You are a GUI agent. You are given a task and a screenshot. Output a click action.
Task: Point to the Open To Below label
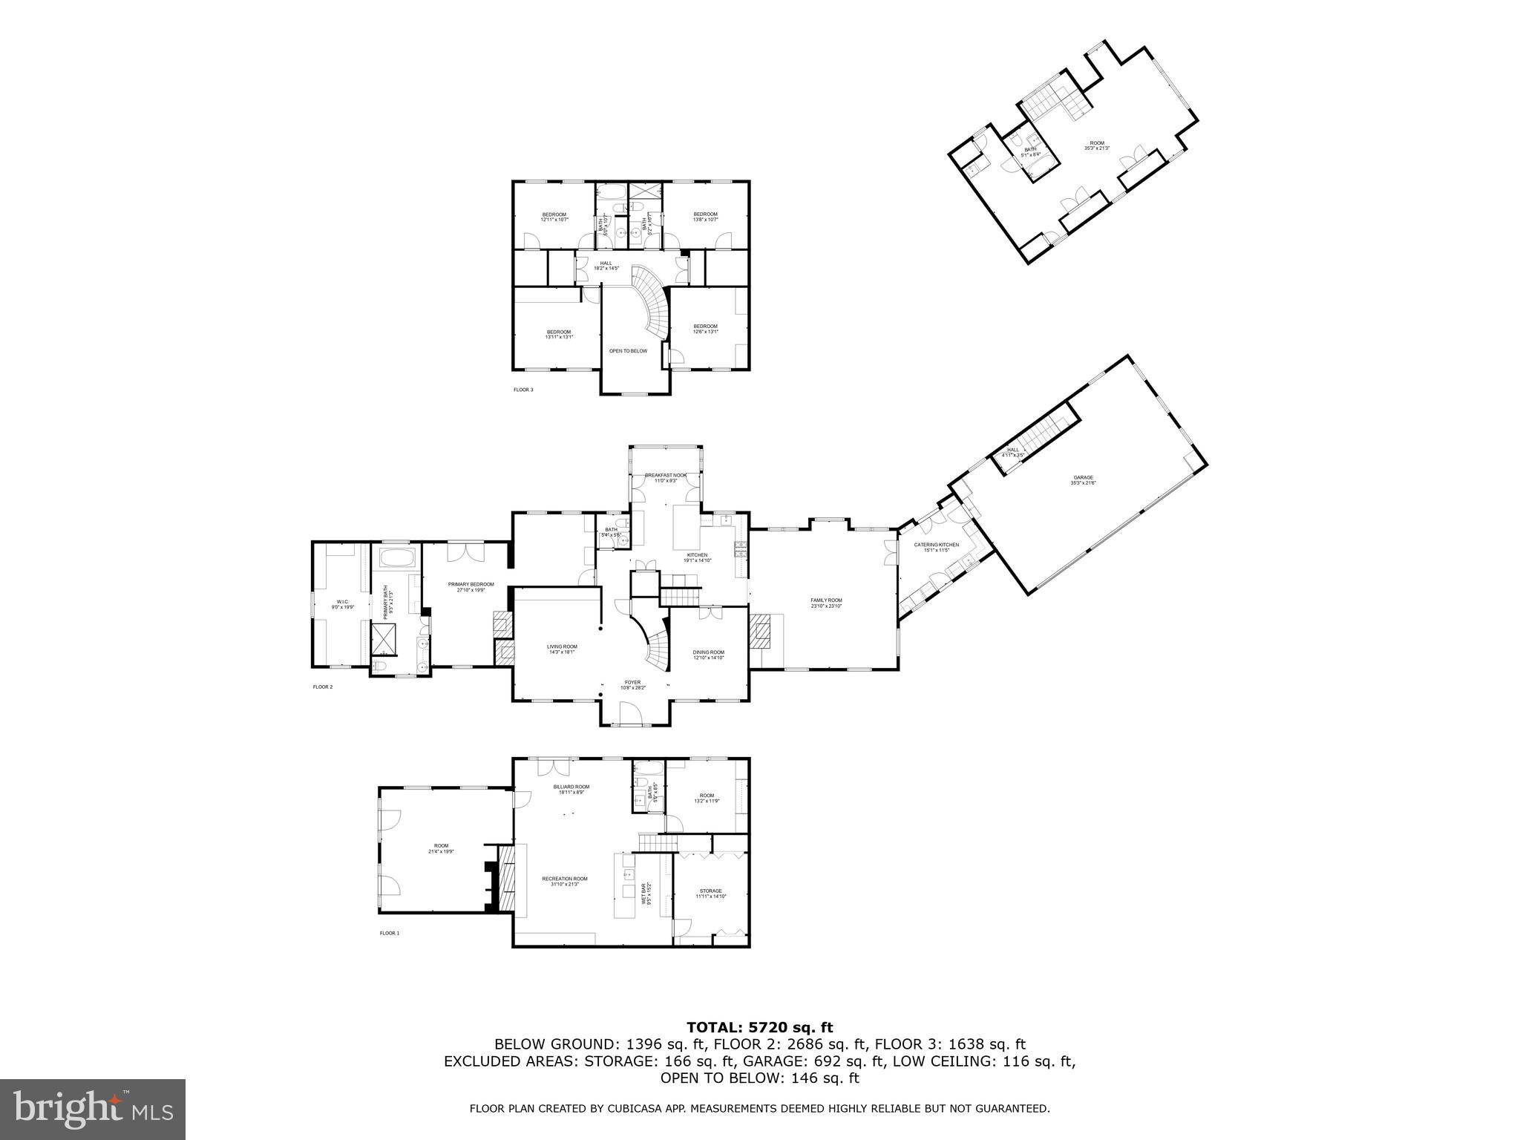pyautogui.click(x=628, y=350)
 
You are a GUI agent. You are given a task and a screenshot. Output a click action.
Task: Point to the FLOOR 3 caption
pyautogui.click(x=523, y=390)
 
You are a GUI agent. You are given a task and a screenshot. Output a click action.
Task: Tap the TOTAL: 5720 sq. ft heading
pyautogui.click(x=759, y=1028)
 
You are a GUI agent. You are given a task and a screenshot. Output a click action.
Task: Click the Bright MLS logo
pyautogui.click(x=93, y=1110)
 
